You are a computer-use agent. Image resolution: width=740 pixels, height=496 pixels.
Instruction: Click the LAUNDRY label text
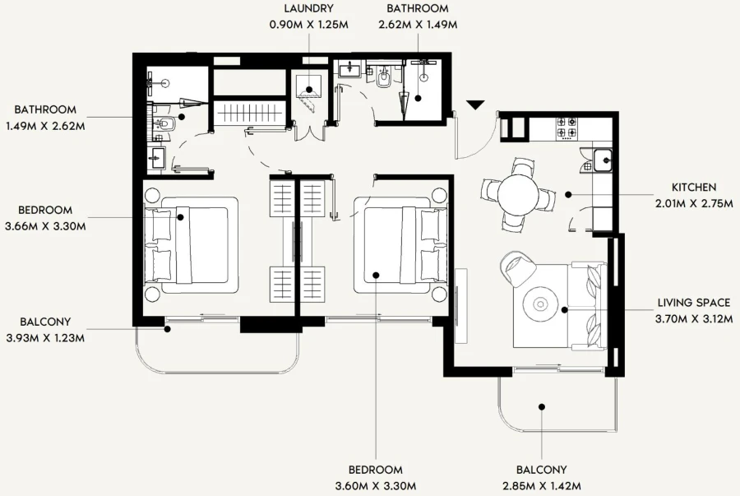308,10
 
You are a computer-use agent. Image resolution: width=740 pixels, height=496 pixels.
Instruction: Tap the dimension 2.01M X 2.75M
693,203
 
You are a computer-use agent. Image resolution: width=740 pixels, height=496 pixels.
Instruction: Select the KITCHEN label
693,188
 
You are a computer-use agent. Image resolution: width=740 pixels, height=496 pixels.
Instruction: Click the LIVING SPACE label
693,303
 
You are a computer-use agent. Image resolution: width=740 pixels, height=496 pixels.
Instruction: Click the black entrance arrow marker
475,104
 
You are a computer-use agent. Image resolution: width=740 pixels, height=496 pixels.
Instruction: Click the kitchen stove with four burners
567,127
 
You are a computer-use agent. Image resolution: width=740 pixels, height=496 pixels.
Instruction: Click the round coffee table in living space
541,304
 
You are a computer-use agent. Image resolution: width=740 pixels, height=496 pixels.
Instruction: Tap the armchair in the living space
518,267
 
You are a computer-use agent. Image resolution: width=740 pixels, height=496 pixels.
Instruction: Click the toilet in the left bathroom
164,124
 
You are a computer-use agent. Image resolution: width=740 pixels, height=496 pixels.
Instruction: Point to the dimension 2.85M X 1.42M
542,485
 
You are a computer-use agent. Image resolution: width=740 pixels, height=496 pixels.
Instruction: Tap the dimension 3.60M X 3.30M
375,485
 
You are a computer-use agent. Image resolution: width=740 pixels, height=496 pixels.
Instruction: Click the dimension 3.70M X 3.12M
693,318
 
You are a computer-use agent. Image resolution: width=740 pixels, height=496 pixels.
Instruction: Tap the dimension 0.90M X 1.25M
308,25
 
